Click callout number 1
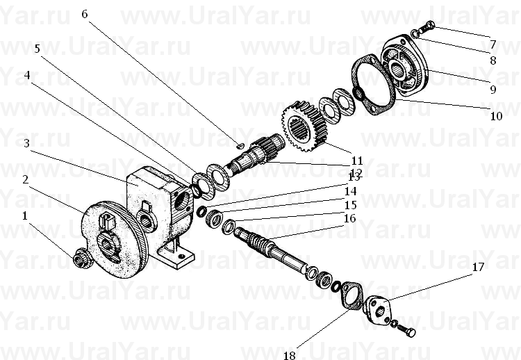coord(24,216)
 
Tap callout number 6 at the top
coord(84,15)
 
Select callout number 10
coord(497,116)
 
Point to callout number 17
coord(479,267)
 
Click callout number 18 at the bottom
coord(290,355)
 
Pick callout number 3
coord(26,143)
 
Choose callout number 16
coord(350,218)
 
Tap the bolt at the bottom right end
coord(407,330)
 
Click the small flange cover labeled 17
coord(377,311)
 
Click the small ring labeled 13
coord(201,212)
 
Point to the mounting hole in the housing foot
coord(181,256)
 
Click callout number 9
coord(493,90)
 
